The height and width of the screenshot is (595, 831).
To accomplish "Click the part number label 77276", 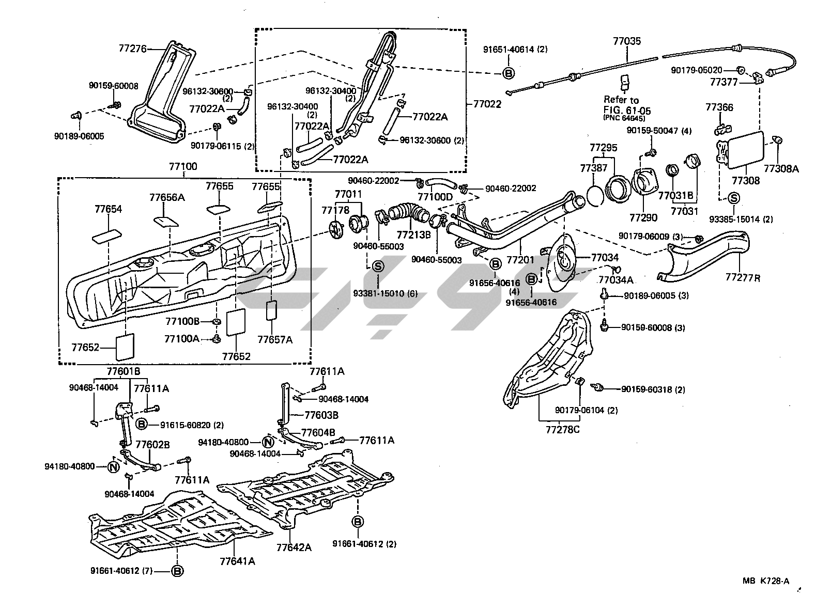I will pyautogui.click(x=132, y=49).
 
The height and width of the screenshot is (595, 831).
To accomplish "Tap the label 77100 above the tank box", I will pyautogui.click(x=183, y=167).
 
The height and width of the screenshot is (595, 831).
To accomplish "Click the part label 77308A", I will pyautogui.click(x=781, y=168).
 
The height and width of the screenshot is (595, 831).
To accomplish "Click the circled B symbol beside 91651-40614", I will pyautogui.click(x=509, y=73).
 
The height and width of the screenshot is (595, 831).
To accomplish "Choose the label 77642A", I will pyautogui.click(x=294, y=547).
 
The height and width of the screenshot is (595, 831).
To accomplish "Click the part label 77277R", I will pyautogui.click(x=743, y=277).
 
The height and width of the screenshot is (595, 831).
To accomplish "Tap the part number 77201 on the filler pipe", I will pyautogui.click(x=520, y=259).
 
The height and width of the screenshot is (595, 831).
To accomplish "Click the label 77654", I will pyautogui.click(x=108, y=209).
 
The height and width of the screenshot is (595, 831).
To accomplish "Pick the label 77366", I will pyautogui.click(x=719, y=107).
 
